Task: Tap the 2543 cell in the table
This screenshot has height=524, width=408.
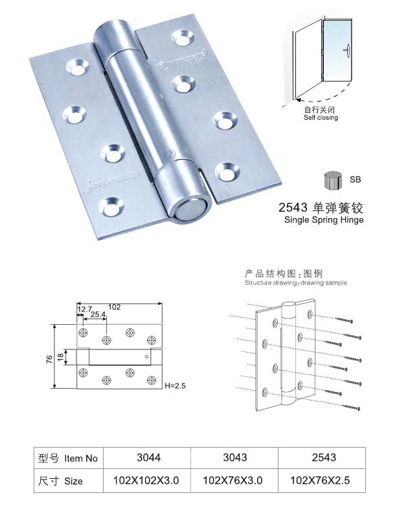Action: [324, 457]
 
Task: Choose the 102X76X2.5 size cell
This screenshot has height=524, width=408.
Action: [324, 481]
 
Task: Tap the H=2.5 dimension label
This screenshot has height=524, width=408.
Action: [175, 386]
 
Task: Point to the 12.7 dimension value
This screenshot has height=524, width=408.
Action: [84, 309]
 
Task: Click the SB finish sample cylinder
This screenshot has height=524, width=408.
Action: [332, 180]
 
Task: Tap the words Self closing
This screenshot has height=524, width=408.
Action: [321, 118]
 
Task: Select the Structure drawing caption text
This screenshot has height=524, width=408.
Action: [295, 283]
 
